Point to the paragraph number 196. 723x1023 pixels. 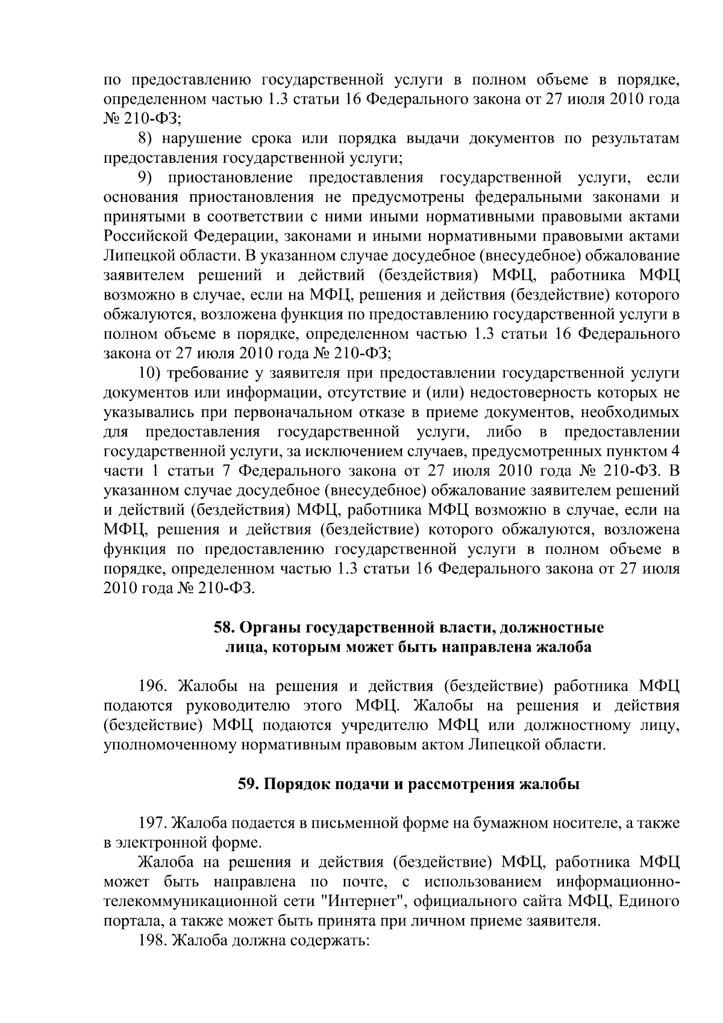pyautogui.click(x=155, y=686)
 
